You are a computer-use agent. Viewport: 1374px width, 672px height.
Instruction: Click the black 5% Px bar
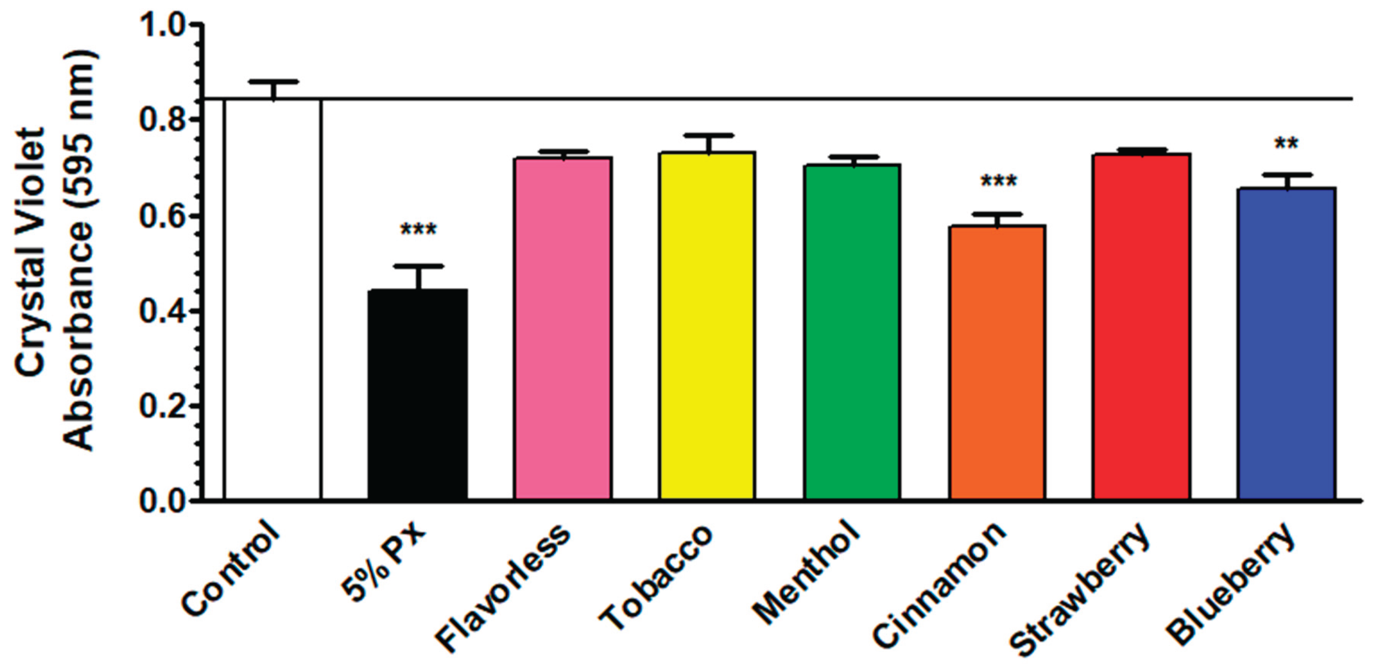[418, 395]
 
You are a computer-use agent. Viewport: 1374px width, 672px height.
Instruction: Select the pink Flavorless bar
[563, 328]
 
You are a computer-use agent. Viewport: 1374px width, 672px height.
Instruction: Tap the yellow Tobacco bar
[707, 325]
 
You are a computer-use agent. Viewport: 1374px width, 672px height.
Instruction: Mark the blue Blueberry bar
[1286, 344]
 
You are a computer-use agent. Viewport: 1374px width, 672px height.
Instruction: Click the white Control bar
[273, 299]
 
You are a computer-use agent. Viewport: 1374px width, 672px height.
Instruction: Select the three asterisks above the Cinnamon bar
[999, 182]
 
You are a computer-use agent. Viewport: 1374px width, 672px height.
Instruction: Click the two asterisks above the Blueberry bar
[1286, 144]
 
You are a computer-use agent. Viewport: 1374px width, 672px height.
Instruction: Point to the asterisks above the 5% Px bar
[418, 231]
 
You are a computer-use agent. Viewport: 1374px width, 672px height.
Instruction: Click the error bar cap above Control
[273, 82]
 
